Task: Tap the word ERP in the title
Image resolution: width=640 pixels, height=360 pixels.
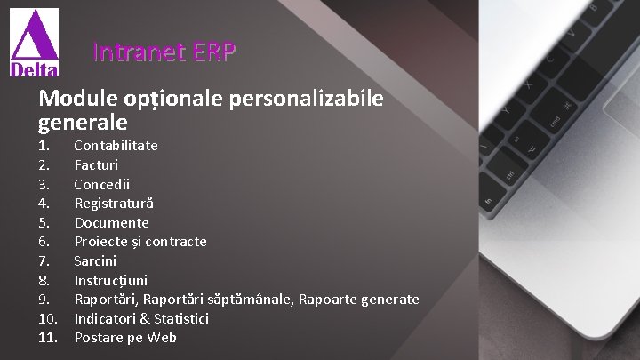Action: click(x=213, y=53)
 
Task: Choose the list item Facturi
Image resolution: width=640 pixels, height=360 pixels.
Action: click(x=96, y=164)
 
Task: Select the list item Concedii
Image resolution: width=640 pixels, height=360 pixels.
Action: click(x=101, y=184)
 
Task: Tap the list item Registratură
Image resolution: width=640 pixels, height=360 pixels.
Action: click(x=113, y=203)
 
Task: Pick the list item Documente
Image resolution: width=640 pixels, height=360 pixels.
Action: click(x=111, y=222)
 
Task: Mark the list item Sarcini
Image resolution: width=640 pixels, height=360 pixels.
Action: click(x=95, y=261)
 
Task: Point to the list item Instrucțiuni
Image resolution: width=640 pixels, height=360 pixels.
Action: click(x=110, y=280)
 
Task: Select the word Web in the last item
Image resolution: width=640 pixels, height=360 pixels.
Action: click(x=164, y=338)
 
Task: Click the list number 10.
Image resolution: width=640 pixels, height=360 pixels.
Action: click(x=48, y=318)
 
